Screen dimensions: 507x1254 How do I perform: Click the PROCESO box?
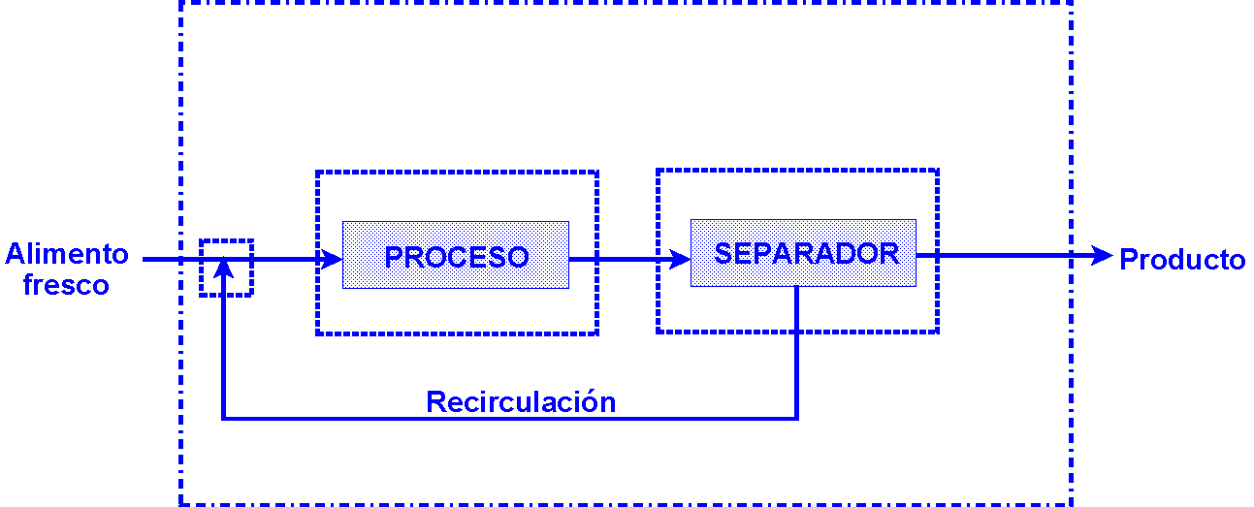click(455, 255)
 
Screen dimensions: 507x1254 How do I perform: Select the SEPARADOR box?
click(803, 253)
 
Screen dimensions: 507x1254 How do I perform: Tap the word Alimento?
click(67, 254)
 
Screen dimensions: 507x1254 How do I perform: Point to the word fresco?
click(66, 285)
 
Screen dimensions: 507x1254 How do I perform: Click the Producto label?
click(1182, 260)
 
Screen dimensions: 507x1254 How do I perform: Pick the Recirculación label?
click(521, 401)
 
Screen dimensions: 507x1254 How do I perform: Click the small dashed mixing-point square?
click(226, 268)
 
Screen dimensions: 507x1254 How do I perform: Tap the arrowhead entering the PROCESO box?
click(332, 259)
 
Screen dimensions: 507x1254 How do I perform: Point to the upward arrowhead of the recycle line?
click(224, 267)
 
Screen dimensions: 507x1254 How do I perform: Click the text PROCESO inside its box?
click(456, 257)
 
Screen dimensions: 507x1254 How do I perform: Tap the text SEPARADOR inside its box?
click(806, 253)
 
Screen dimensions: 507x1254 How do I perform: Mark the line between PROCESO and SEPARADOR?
click(621, 259)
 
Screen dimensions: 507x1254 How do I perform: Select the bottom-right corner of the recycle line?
click(797, 419)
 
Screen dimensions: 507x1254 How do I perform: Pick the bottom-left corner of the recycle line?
click(223, 419)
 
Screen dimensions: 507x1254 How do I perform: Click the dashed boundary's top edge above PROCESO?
click(456, 173)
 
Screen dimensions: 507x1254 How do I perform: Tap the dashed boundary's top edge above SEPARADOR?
click(797, 171)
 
